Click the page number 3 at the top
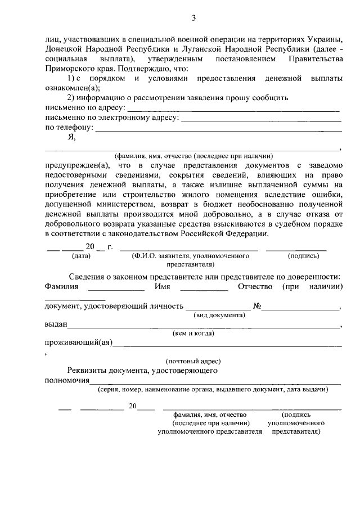[x=193, y=18]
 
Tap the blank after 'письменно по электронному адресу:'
[x=261, y=119]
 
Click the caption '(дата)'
[x=81, y=255]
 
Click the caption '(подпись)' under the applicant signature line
[x=303, y=255]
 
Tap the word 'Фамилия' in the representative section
[x=62, y=287]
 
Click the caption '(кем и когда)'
[x=193, y=334]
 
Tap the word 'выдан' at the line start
[x=56, y=325]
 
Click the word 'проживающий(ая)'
[x=79, y=343]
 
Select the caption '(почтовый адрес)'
[x=193, y=361]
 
